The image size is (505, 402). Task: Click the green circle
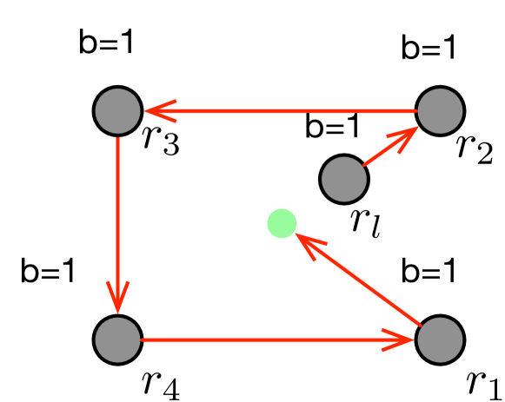[x=282, y=223]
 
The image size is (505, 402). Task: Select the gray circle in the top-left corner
[x=117, y=111]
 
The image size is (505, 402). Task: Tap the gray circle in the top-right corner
[x=440, y=111]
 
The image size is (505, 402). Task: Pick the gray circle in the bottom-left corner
[x=117, y=339]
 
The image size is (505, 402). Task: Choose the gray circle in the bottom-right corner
[x=440, y=339]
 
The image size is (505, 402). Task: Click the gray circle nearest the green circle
[x=344, y=179]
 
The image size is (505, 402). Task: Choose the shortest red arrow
[x=390, y=146]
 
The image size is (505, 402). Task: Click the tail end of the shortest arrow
[x=365, y=164]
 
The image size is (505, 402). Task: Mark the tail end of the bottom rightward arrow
[x=142, y=339]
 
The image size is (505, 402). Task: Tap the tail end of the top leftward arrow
[x=416, y=111]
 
